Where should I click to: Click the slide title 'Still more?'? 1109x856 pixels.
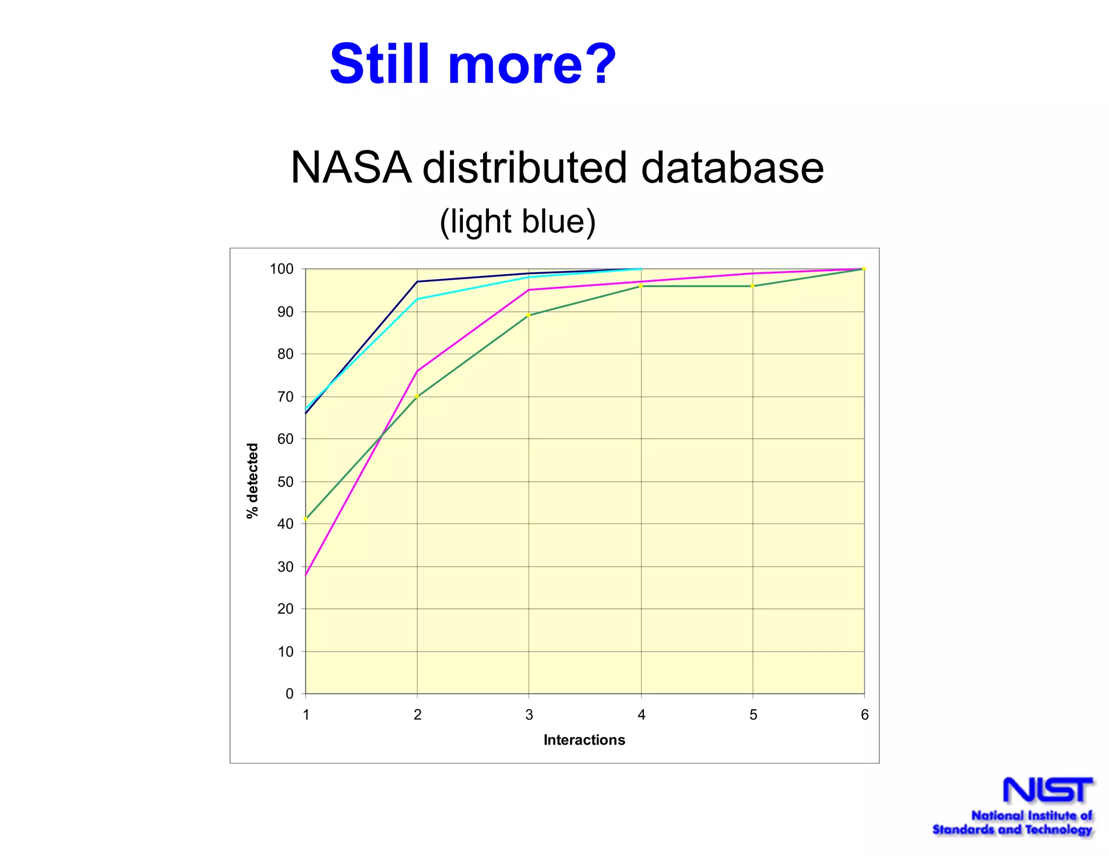coord(473,64)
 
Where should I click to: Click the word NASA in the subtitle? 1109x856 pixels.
coord(350,168)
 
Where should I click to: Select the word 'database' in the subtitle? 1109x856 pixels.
coord(732,168)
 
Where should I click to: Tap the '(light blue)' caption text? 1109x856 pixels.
coord(518,221)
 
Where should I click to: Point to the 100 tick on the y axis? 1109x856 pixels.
coord(282,269)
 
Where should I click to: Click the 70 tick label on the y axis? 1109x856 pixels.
coord(285,397)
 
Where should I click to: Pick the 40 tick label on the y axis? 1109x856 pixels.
coord(285,524)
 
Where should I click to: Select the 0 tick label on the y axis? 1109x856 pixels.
coord(289,694)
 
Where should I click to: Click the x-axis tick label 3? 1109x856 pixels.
coord(529,715)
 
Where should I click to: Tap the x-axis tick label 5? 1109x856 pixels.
coord(753,715)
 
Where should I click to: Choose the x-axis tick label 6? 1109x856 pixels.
coord(864,715)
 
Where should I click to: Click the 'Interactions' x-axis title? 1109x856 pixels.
coord(584,740)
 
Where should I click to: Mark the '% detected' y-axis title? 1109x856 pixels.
coord(252,480)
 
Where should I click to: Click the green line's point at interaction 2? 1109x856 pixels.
coord(417,397)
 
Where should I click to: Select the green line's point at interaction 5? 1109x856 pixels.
coord(752,286)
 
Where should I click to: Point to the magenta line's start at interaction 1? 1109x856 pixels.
coord(306,575)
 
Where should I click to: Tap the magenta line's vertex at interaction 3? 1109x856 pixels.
coord(529,290)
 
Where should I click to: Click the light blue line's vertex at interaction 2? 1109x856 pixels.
coord(417,299)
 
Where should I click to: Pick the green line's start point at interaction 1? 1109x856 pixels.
coord(306,519)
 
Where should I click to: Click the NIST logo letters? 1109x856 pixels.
coord(1047,791)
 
